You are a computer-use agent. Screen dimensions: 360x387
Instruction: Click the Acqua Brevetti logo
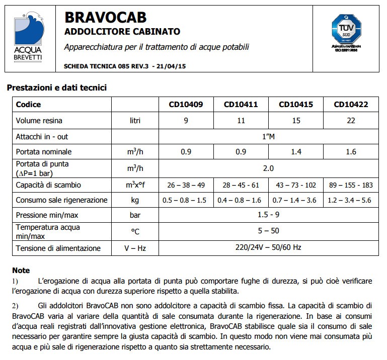pos(28,38)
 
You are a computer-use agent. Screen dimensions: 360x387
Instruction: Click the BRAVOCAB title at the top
pos(106,18)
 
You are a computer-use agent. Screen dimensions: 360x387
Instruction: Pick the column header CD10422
pos(351,105)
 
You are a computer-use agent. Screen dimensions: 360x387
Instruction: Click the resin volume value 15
pos(296,121)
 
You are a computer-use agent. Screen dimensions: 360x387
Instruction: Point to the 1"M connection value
pos(268,136)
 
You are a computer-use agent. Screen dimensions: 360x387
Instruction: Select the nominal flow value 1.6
pos(351,152)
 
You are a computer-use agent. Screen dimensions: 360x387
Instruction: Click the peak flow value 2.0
pos(268,168)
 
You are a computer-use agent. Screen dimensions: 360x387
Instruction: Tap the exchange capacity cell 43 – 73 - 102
pos(296,185)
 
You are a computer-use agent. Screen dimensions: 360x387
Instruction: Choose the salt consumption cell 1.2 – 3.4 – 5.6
pos(351,200)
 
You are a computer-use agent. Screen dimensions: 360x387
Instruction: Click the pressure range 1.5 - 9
pos(268,216)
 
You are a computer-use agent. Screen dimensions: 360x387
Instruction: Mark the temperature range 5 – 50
pos(268,231)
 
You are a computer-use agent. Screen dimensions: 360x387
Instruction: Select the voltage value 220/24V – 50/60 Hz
pos(268,248)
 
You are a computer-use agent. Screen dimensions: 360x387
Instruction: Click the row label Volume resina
pos(39,121)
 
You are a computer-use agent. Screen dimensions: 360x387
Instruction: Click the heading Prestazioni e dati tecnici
pos(56,87)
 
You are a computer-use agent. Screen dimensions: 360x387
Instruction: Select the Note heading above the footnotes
pos(21,271)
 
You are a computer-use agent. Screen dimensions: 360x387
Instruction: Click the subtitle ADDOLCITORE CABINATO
pos(122,32)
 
